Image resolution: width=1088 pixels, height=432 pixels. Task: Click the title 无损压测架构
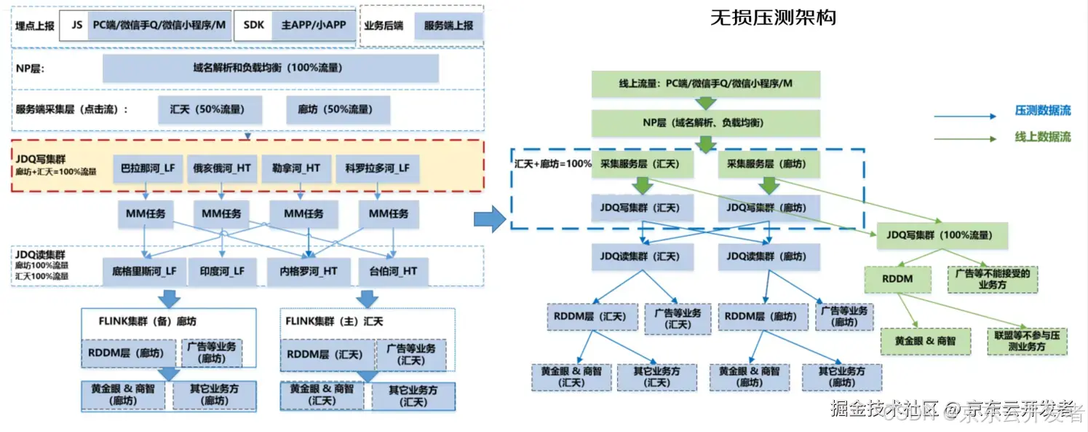(x=772, y=18)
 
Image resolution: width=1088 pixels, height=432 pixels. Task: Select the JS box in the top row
(x=76, y=24)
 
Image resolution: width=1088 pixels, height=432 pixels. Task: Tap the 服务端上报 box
(x=448, y=25)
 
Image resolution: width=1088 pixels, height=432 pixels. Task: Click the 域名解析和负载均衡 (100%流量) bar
(x=270, y=68)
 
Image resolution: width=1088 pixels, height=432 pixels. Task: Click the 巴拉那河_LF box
(x=148, y=168)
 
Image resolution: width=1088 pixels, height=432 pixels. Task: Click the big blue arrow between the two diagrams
(x=489, y=217)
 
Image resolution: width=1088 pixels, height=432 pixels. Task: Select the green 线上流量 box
(x=705, y=84)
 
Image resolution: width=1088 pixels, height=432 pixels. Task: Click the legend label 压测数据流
(x=1042, y=111)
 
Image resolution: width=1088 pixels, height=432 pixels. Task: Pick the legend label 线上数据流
(x=1042, y=137)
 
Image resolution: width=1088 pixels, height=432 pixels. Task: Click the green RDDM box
(x=898, y=278)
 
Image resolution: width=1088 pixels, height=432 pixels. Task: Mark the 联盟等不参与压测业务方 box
(x=1026, y=341)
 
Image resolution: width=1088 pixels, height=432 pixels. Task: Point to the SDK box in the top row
(x=254, y=24)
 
